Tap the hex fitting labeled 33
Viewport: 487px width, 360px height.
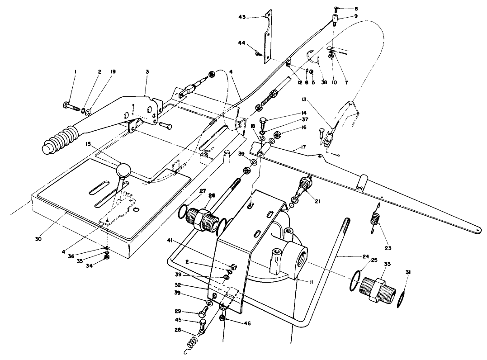[x=377, y=289]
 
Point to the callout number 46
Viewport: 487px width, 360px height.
[x=247, y=324]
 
